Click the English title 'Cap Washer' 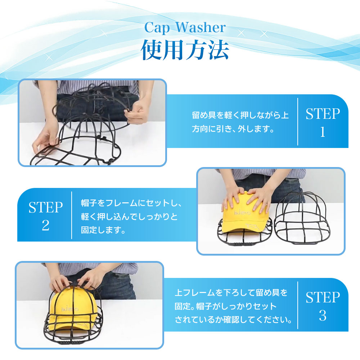[x=185, y=28]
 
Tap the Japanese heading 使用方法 [x=185, y=50]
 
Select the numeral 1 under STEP [x=323, y=132]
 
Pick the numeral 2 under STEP [x=45, y=225]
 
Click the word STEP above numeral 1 [x=323, y=114]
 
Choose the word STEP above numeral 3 [x=323, y=297]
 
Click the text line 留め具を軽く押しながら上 [x=240, y=115]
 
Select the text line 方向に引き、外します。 [x=233, y=129]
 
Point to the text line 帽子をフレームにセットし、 [x=131, y=203]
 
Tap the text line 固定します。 [x=103, y=230]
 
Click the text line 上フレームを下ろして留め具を [x=231, y=292]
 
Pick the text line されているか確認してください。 [x=233, y=320]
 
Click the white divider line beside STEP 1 [x=298, y=122]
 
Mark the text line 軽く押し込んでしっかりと [x=129, y=216]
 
